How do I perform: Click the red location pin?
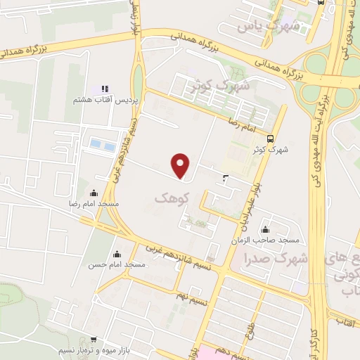pos(181,165)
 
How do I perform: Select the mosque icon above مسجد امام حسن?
pos(117,254)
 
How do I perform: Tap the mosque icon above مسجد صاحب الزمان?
pos(265,229)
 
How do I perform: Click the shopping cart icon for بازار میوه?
pos(94,340)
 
